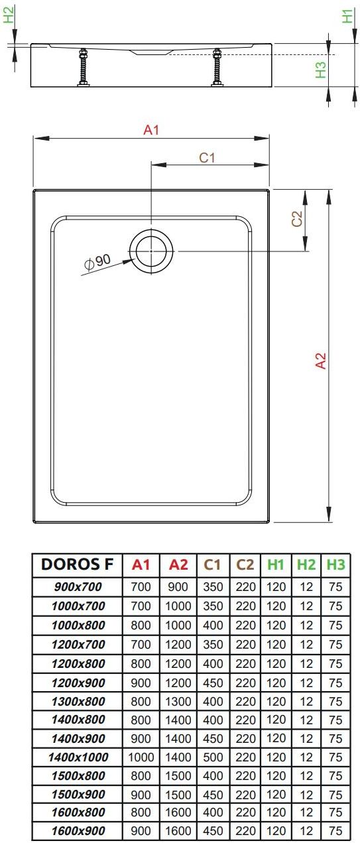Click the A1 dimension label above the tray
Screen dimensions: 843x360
(x=152, y=130)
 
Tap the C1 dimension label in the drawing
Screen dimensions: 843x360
(x=208, y=157)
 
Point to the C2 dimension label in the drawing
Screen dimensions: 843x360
(x=298, y=218)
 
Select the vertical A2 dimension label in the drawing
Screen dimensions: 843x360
(x=320, y=361)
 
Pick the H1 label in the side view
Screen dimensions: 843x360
(x=346, y=16)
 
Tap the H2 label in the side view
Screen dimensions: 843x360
(x=9, y=16)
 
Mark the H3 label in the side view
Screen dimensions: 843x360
(x=320, y=70)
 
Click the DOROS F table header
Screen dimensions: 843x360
(x=78, y=564)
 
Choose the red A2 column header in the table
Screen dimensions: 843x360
(x=178, y=564)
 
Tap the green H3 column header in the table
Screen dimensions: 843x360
(x=335, y=564)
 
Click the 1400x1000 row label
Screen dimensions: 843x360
(x=78, y=756)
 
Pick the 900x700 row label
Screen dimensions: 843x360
(x=78, y=587)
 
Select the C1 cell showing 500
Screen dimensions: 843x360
(x=212, y=756)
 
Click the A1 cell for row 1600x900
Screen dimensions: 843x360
(x=141, y=830)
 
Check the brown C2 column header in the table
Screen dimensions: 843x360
(x=245, y=564)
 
